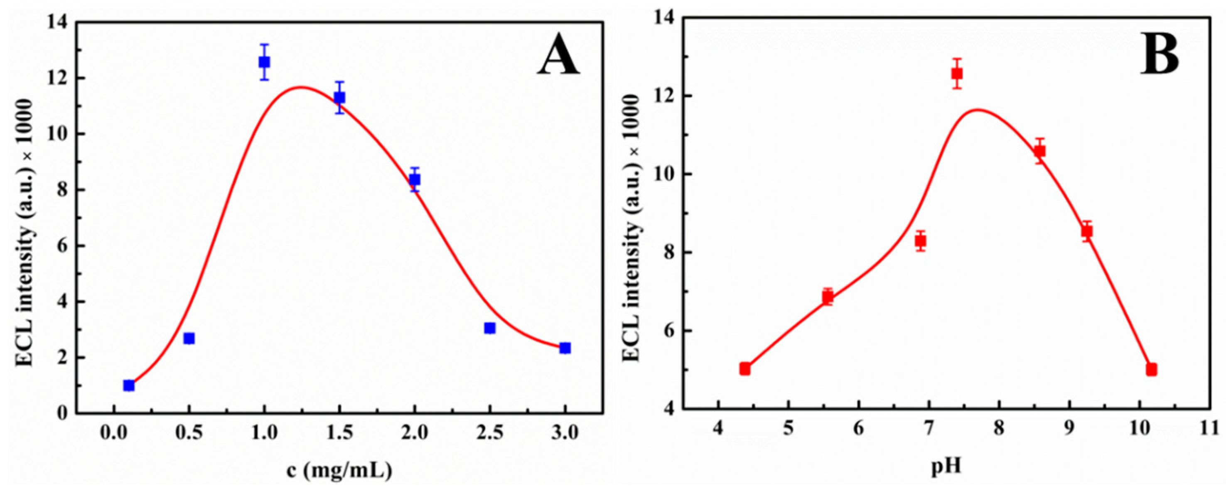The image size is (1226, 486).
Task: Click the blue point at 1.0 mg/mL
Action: point(264,62)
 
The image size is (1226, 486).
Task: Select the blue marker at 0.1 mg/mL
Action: point(128,385)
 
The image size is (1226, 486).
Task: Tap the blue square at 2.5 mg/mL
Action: point(490,328)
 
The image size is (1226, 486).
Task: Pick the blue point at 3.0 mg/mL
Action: point(565,348)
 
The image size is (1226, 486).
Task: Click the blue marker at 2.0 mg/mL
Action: point(415,179)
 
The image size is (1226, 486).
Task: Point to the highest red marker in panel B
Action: point(957,74)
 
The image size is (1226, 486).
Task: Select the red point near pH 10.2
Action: point(1151,369)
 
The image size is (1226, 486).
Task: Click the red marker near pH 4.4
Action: point(745,369)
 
